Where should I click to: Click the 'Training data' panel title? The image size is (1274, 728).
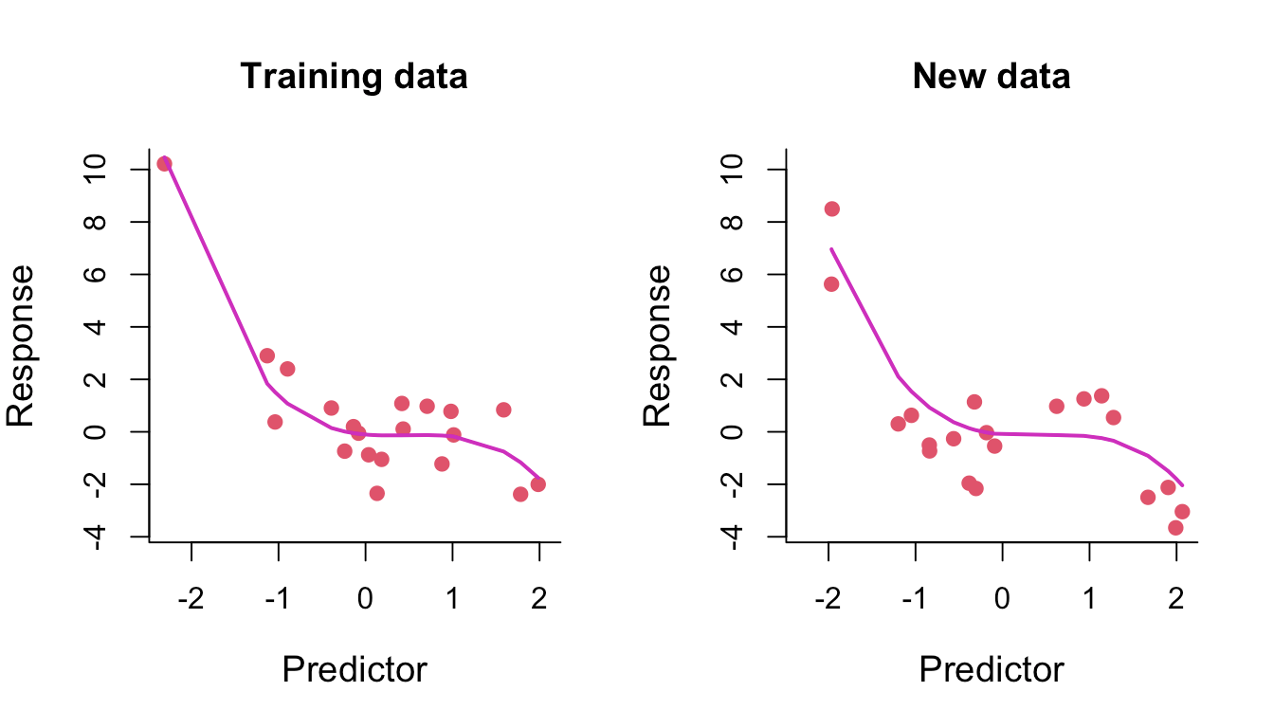354,76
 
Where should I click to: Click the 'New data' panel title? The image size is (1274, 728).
991,76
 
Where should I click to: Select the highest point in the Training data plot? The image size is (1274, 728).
164,163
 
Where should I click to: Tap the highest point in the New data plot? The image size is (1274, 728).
831,209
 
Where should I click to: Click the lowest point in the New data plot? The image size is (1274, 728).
1175,527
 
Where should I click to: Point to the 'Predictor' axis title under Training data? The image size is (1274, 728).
355,670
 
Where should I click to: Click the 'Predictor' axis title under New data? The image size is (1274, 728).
992,670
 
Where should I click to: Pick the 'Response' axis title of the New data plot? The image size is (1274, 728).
658,346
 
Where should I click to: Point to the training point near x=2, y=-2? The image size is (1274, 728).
537,484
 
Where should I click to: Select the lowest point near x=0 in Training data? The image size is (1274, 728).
376,493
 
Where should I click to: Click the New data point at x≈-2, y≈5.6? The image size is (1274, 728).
831,284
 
